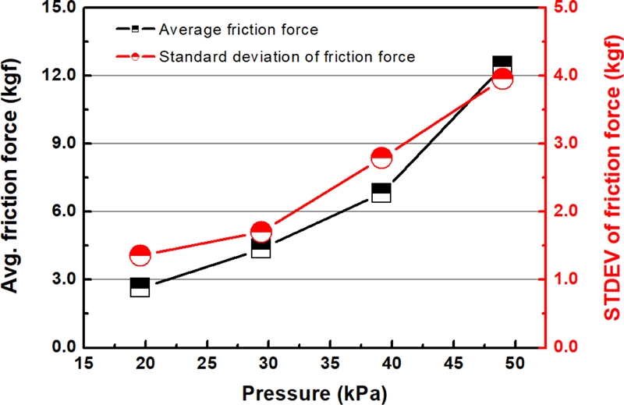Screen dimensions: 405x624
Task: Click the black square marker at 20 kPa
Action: pos(140,287)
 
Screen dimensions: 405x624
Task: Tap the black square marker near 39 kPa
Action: pos(381,193)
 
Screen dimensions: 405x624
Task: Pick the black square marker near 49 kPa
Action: pos(502,66)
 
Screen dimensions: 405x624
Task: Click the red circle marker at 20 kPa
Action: pos(140,255)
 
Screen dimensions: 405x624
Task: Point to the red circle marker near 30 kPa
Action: pos(261,232)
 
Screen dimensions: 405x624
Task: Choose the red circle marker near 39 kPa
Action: pos(381,158)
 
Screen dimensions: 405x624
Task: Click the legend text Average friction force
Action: pos(238,30)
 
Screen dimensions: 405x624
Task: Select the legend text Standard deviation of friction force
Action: pos(286,56)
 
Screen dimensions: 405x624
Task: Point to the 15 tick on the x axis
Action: pos(84,363)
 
